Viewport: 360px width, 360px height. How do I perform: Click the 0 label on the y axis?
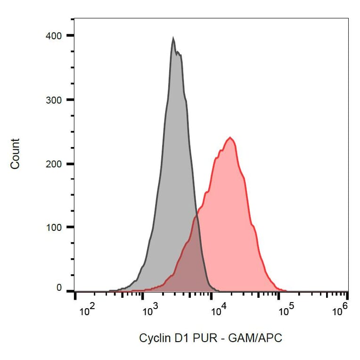pos(59,287)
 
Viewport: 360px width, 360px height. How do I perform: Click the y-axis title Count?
pos(16,154)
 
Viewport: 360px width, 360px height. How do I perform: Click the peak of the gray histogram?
pos(173,38)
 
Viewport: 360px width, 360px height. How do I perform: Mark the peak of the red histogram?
pos(230,138)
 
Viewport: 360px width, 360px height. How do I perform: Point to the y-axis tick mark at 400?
pos(70,35)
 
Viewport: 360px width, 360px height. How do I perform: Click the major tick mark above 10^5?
pos(278,295)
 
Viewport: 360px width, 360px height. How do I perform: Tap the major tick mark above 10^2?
pos(75,295)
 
